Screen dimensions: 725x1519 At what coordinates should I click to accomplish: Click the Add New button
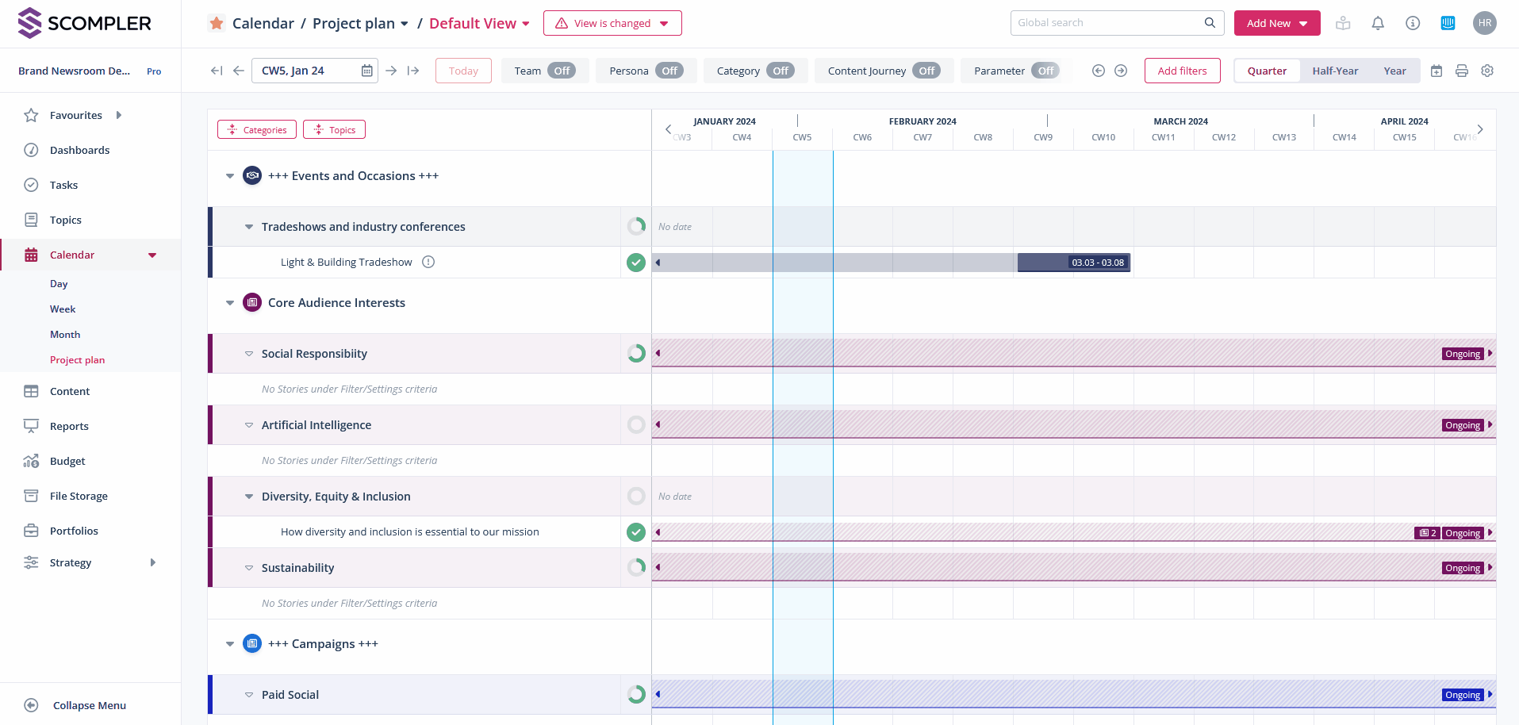[x=1276, y=23]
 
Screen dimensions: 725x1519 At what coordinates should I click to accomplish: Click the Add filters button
[x=1182, y=71]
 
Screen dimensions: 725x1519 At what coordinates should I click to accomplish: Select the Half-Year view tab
[x=1335, y=71]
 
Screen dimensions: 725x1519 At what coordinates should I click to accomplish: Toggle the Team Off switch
[x=562, y=71]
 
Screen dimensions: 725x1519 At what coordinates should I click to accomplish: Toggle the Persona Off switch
[x=669, y=71]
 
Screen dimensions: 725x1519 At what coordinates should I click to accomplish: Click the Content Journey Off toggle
[x=926, y=71]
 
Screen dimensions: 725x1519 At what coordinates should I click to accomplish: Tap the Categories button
[x=257, y=129]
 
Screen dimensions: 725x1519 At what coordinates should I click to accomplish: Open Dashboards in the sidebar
[x=79, y=150]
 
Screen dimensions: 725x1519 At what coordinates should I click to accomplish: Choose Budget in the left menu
[x=67, y=461]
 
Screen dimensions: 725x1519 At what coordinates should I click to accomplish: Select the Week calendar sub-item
[x=63, y=309]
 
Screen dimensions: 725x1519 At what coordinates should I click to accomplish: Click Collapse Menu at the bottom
[x=89, y=705]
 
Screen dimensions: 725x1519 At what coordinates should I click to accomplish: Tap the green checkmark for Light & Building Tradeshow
[x=636, y=263]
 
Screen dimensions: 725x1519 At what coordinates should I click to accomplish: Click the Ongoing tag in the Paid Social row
[x=1463, y=695]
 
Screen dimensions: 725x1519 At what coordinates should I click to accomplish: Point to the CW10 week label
[x=1103, y=137]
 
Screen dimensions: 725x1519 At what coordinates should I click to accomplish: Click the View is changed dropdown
[x=612, y=23]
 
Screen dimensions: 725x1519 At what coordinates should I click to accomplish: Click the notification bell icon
[x=1378, y=23]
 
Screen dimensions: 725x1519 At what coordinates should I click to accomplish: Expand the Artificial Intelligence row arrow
[x=249, y=425]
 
